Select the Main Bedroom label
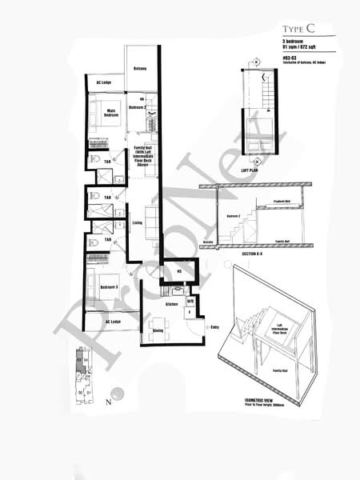[x=111, y=113]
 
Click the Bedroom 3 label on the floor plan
[x=109, y=286]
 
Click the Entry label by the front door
[x=214, y=326]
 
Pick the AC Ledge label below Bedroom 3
[x=114, y=322]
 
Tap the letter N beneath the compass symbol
[x=108, y=403]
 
